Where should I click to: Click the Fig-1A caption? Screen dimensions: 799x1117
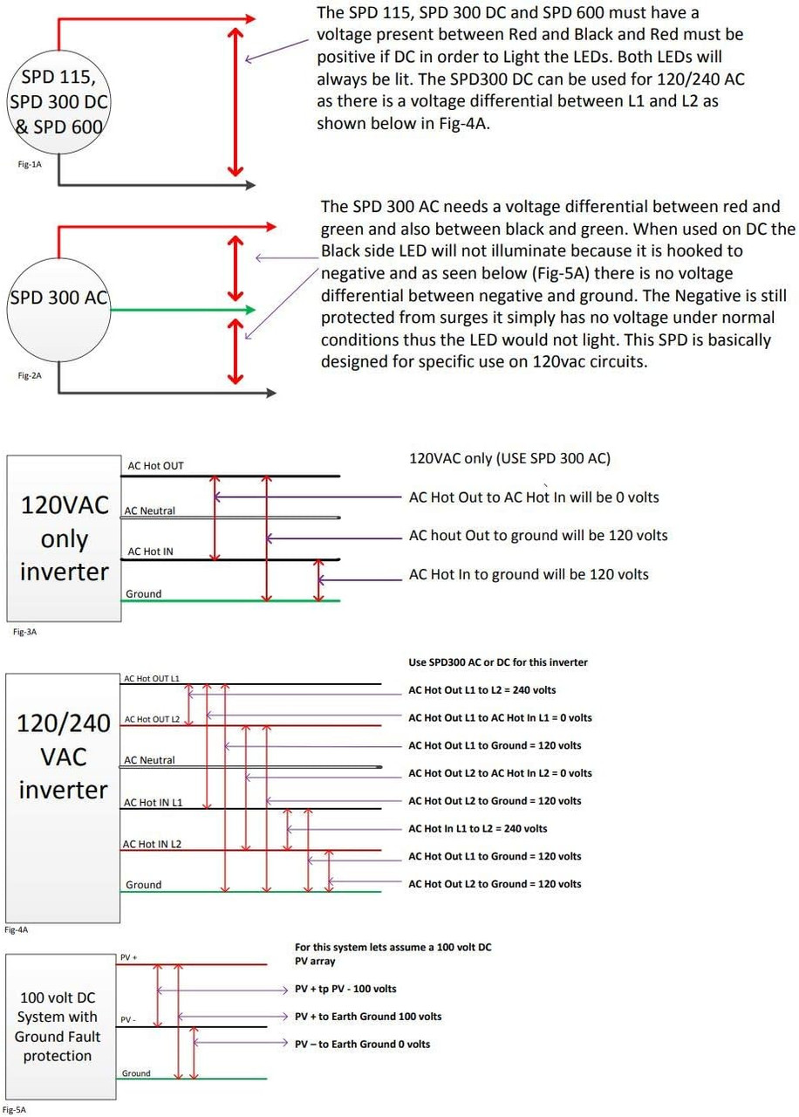(30, 164)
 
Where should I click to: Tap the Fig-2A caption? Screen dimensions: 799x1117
(30, 375)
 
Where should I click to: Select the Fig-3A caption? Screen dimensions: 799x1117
(24, 632)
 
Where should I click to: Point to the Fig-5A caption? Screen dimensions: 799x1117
(15, 1110)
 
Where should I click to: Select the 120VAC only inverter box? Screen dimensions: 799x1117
(64, 538)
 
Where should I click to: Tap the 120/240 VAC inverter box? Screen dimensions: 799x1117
(63, 798)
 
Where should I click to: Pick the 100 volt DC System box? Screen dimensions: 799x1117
(61, 1027)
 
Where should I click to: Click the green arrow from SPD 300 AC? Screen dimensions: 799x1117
(182, 310)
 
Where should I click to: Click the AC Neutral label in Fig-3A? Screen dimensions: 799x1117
(149, 511)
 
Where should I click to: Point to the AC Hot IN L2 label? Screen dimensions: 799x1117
(152, 844)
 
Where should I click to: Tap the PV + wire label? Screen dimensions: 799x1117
(128, 957)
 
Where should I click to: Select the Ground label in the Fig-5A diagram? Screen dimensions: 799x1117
(136, 1073)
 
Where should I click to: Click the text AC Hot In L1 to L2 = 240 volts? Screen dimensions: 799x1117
(477, 828)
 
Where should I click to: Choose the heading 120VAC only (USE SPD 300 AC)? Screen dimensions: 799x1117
(509, 458)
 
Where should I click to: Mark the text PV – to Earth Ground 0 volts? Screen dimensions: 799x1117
(362, 1044)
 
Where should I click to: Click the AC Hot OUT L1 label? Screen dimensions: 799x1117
(152, 679)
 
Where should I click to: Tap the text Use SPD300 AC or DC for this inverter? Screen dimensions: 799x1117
(498, 662)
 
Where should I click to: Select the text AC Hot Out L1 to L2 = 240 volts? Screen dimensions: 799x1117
(482, 690)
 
